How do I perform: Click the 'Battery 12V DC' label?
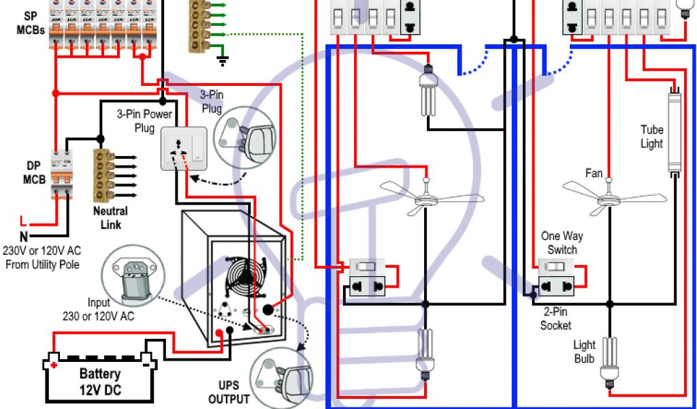[x=100, y=380]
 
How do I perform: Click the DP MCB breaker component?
[x=62, y=173]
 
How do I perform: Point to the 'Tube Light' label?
[x=651, y=136]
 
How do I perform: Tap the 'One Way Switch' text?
[x=562, y=243]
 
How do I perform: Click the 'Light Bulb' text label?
[x=583, y=352]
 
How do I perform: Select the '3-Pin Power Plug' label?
[x=144, y=121]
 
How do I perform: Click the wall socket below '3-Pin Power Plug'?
[x=182, y=149]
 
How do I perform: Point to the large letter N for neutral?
[x=23, y=237]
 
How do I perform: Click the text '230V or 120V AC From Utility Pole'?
[x=42, y=258]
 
